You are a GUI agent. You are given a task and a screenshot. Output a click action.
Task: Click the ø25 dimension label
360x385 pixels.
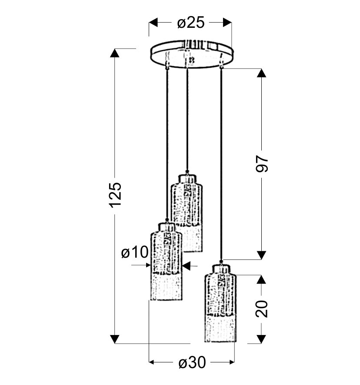pyautogui.click(x=190, y=23)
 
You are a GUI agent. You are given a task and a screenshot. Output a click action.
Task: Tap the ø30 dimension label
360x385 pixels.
pyautogui.click(x=192, y=362)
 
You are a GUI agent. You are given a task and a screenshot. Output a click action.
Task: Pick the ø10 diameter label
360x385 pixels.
pyautogui.click(x=135, y=252)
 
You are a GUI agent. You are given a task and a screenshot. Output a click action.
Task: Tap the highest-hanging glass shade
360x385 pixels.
pyautogui.click(x=186, y=213)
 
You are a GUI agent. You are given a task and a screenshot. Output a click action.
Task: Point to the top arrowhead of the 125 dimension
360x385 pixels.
pyautogui.click(x=115, y=53)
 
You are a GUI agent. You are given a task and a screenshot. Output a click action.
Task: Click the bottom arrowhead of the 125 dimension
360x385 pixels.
pyautogui.click(x=115, y=339)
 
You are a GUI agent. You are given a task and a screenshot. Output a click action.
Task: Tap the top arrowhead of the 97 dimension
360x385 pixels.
pyautogui.click(x=261, y=73)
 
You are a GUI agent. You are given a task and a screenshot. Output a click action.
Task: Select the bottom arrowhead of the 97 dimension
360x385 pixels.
pyautogui.click(x=261, y=255)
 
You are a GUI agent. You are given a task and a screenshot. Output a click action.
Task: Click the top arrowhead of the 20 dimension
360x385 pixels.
pyautogui.click(x=261, y=279)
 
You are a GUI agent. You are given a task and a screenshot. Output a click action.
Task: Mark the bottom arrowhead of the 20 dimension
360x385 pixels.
pyautogui.click(x=261, y=339)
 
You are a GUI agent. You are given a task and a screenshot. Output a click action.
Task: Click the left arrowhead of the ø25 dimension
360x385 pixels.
pyautogui.click(x=153, y=22)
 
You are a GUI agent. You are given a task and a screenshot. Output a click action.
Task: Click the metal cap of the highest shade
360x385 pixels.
pyautogui.click(x=187, y=178)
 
